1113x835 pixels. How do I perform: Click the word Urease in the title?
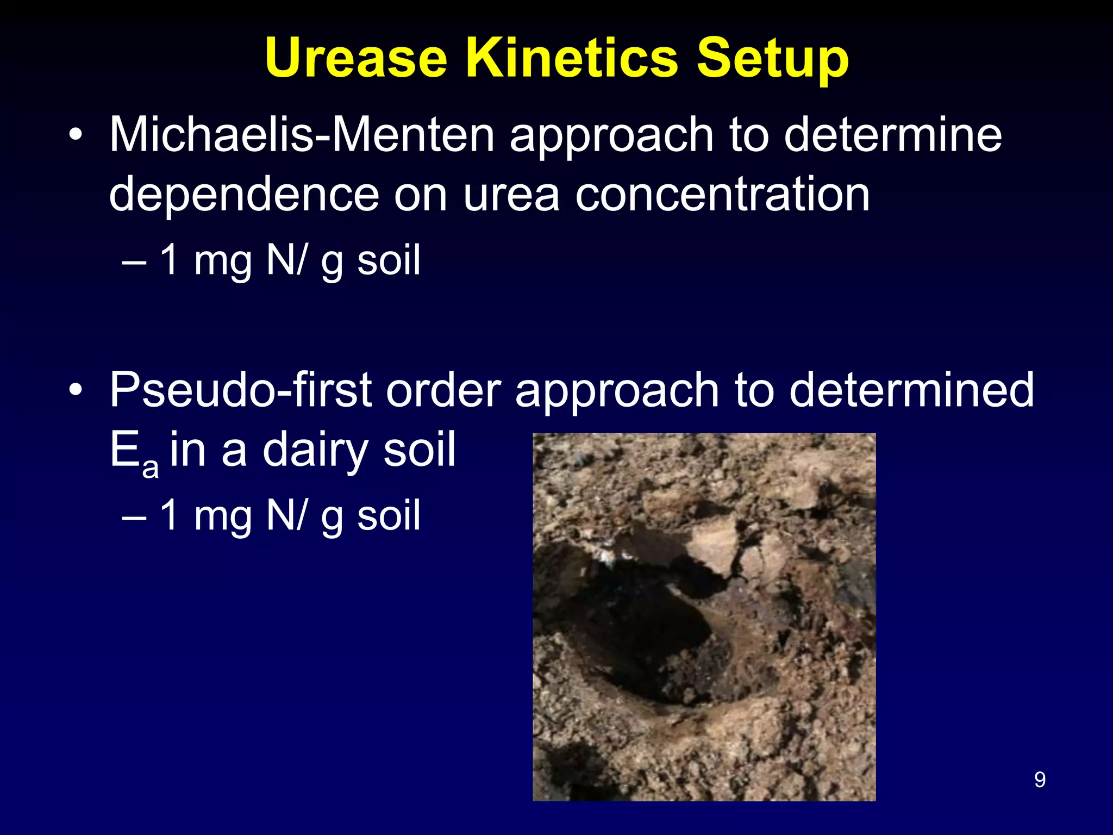tap(356, 59)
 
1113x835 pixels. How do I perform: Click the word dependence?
tap(243, 194)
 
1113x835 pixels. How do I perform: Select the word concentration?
tap(723, 194)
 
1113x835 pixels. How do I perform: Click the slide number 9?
tap(1040, 780)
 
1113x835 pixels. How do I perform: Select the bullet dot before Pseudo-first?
tap(76, 390)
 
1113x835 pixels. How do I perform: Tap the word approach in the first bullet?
tap(611, 136)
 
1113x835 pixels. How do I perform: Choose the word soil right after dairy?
tap(419, 450)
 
